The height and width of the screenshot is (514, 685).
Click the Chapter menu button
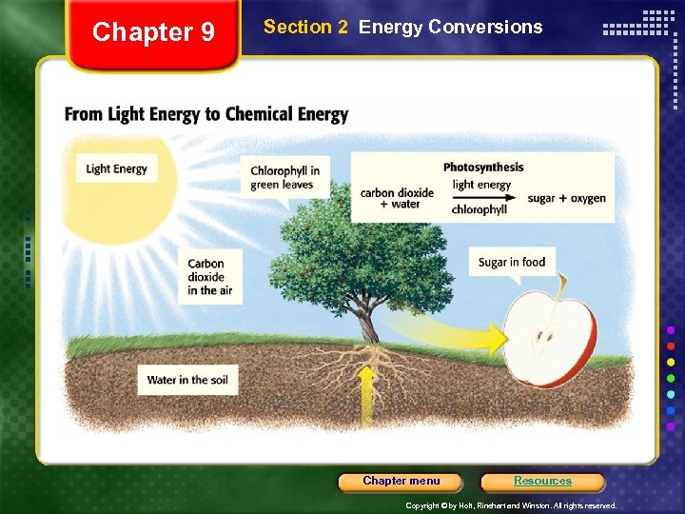tap(401, 482)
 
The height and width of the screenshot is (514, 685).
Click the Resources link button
tap(542, 482)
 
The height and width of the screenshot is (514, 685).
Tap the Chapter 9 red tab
tap(153, 34)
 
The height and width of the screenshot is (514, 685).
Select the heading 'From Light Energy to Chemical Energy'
tap(206, 115)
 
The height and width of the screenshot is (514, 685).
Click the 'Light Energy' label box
tap(116, 169)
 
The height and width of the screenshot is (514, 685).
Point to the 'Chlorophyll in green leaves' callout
tap(284, 178)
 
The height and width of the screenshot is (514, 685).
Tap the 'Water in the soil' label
tap(186, 381)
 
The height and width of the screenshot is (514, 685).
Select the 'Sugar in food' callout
tap(512, 263)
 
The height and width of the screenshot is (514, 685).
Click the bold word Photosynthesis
tap(483, 168)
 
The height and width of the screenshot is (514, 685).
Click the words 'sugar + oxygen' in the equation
tap(567, 199)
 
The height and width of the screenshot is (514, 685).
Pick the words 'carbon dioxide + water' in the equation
tap(397, 198)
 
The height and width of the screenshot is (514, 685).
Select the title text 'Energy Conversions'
tap(451, 28)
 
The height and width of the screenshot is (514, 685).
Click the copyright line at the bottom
tap(511, 505)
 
